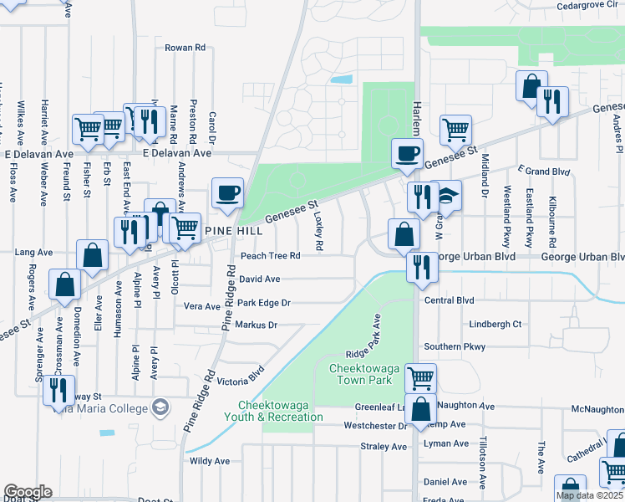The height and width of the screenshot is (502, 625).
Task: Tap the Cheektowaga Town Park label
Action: tap(359, 374)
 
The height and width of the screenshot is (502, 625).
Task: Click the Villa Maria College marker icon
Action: tap(160, 408)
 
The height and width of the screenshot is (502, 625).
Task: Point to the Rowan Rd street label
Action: tap(185, 49)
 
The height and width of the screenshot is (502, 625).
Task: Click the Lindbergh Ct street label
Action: tap(495, 324)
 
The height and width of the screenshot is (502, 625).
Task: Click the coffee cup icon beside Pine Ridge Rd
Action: tap(227, 192)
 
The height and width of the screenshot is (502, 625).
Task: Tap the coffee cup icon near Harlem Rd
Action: tap(407, 153)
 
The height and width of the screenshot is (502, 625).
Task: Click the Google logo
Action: tap(28, 492)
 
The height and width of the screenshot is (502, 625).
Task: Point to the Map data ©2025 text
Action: tap(590, 495)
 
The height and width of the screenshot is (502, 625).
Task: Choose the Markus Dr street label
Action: tap(256, 325)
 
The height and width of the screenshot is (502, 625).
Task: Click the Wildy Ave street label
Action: tap(210, 461)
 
